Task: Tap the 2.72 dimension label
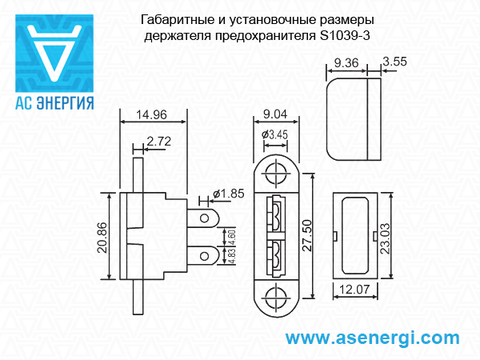coord(159,142)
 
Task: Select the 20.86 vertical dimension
coord(102,237)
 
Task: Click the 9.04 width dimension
coord(275,114)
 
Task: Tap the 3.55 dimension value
coord(396,62)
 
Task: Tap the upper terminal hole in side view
coord(206,218)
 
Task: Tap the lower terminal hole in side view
coord(206,255)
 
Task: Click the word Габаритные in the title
coord(170,20)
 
